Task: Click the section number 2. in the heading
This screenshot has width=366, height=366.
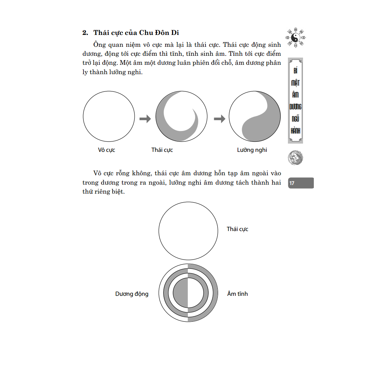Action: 85,33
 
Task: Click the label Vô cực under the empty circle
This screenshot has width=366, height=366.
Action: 107,150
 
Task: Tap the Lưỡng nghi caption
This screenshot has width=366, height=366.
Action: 252,150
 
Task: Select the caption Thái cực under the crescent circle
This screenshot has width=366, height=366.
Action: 162,150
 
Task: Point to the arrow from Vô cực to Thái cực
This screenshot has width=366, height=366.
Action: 145,118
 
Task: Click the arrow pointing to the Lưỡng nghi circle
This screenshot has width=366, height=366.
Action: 220,118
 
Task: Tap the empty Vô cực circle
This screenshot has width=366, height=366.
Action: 109,117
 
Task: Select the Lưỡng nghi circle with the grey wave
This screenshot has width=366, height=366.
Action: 254,117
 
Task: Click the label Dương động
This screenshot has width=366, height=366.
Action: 132,294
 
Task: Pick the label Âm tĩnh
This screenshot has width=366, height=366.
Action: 238,294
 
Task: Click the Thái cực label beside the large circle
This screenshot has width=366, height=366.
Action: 238,229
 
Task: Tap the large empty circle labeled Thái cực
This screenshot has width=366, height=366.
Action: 188,231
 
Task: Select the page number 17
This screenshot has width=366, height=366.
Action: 292,183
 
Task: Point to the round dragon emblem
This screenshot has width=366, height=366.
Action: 295,158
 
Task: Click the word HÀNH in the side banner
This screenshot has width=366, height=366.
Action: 295,131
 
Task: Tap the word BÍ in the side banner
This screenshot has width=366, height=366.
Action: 295,71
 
